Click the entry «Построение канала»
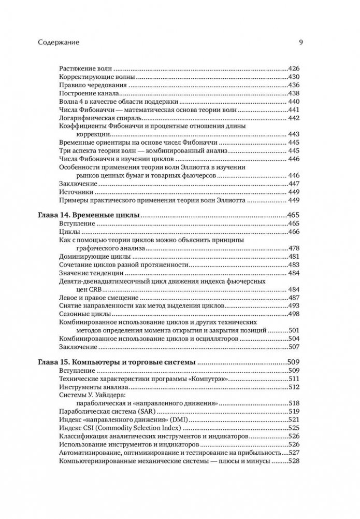(88, 93)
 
